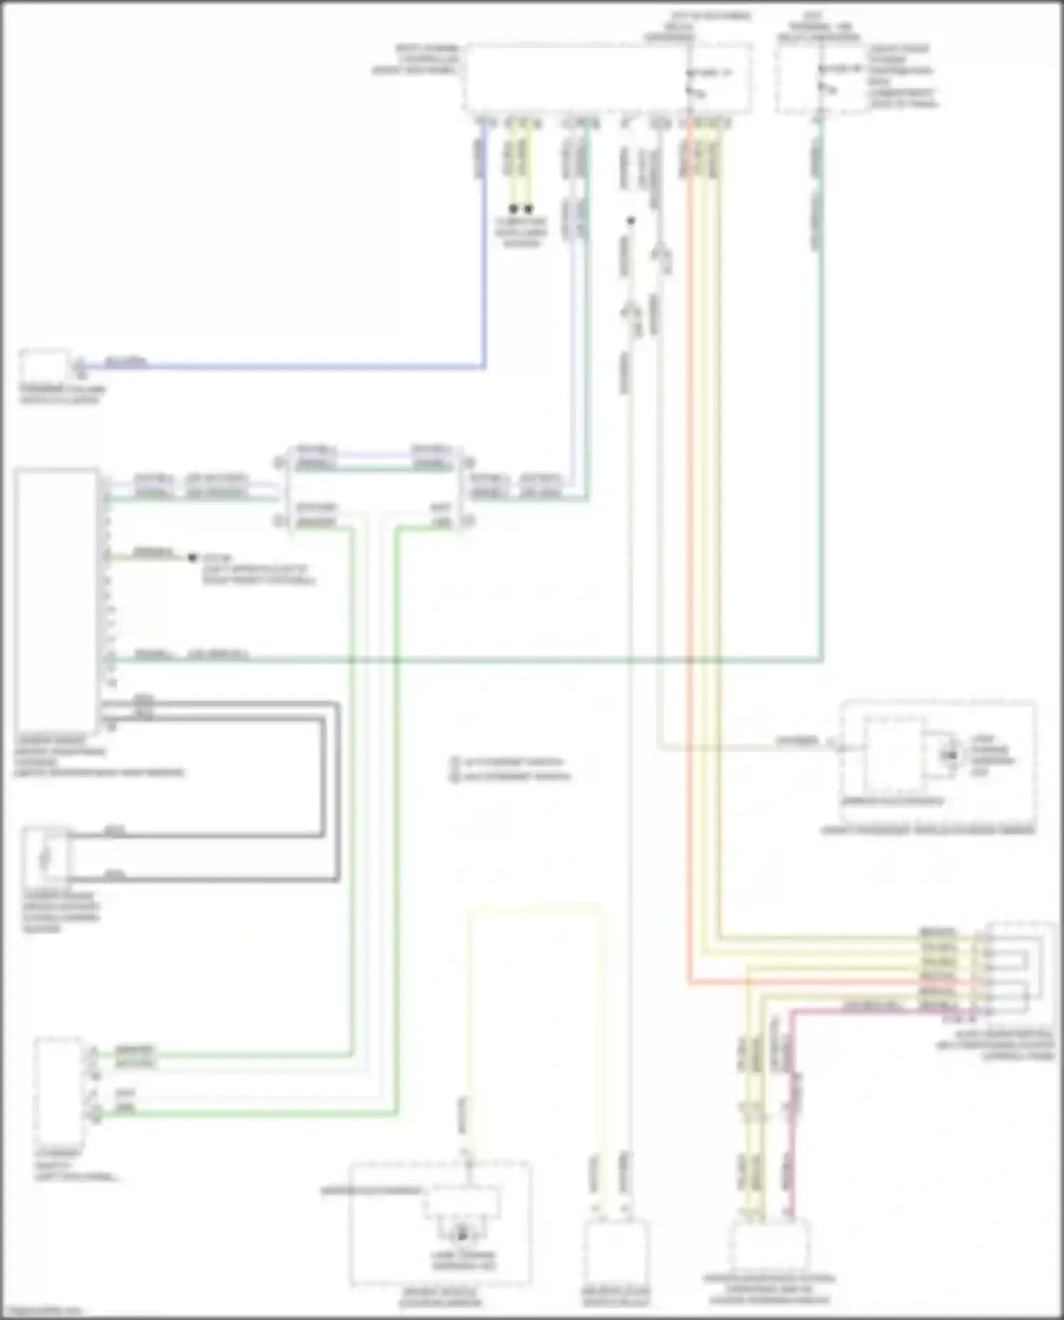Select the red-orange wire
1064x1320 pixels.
point(689,567)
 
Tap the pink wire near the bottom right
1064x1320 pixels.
point(793,1107)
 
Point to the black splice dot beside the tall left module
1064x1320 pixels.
point(192,558)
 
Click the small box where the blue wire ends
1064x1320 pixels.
point(44,366)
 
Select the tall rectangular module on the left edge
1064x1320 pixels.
point(56,603)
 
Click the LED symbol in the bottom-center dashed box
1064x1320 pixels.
point(462,1235)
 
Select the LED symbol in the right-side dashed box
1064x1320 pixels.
point(949,755)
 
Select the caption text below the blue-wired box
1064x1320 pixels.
point(62,394)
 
